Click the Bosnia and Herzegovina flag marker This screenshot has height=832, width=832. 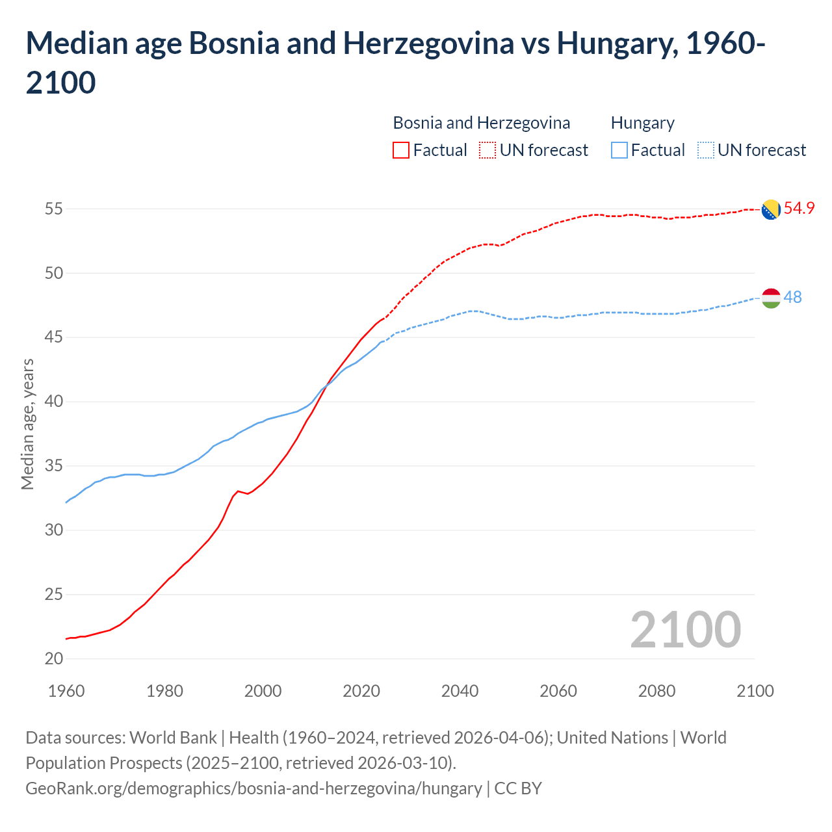pos(770,209)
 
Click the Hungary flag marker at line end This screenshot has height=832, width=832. pos(770,298)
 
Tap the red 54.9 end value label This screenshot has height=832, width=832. pos(799,209)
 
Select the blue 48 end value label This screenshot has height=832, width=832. pos(792,297)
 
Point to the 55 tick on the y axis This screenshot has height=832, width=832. pos(54,209)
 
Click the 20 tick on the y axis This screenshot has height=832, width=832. pos(54,658)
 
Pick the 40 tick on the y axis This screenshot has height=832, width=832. pos(54,402)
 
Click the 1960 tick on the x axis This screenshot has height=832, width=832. pos(66,691)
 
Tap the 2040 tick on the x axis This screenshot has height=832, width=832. pos(460,691)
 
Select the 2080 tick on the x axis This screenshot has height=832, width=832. pos(656,691)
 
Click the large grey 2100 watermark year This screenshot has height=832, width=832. pos(685,630)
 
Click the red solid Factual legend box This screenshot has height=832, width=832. pos(401,150)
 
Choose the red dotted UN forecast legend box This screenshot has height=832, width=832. pos(487,150)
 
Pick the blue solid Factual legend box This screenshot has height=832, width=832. pos(619,150)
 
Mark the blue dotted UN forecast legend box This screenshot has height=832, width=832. pos(706,150)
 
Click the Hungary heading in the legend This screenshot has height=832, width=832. pos(642,123)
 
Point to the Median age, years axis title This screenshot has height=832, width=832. pos(27,423)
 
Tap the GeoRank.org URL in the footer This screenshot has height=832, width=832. pos(253,788)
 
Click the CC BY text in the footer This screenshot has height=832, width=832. pos(518,788)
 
